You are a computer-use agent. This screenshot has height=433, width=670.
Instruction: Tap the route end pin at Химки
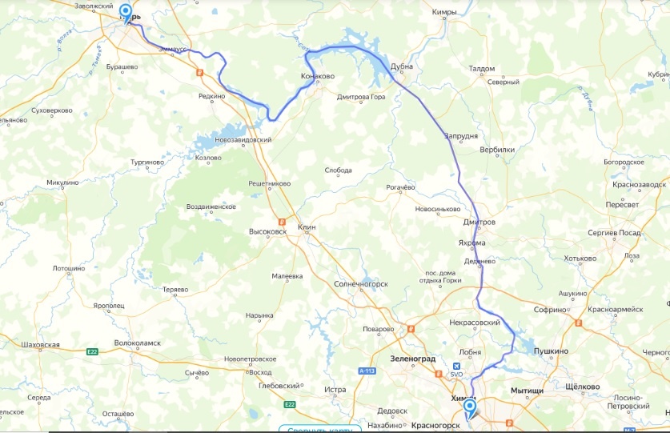(470, 409)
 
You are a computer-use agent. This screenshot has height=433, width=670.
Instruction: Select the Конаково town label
(318, 77)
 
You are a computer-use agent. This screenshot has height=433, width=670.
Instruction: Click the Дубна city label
(401, 66)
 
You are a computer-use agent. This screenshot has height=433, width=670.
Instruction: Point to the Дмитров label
(479, 222)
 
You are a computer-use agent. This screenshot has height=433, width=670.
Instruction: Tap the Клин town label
(307, 227)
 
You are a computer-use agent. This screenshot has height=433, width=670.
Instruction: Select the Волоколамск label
(138, 343)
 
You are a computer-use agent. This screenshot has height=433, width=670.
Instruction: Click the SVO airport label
(457, 374)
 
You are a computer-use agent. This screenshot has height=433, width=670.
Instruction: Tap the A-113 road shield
(367, 371)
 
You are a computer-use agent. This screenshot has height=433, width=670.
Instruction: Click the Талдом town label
(482, 69)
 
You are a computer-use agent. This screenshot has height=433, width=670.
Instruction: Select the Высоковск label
(267, 232)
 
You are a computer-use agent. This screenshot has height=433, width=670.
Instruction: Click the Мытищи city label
(528, 391)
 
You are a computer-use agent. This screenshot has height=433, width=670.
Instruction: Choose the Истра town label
(335, 390)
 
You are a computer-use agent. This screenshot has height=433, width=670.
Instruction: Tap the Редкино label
(212, 96)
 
